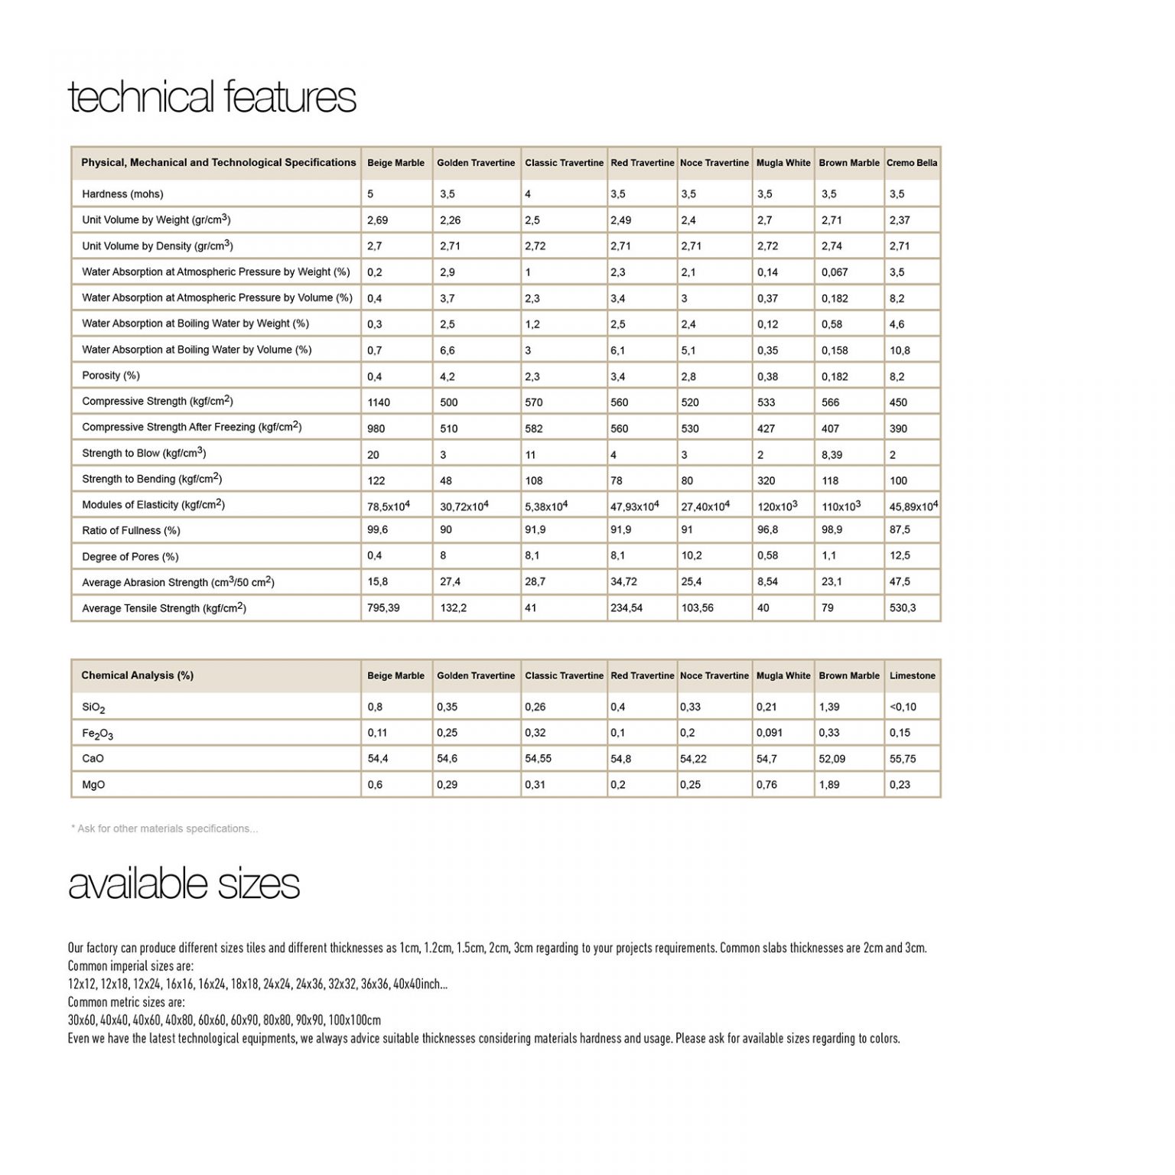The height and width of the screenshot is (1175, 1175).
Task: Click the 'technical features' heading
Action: pos(212,98)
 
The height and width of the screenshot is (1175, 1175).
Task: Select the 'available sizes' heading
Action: pos(184,884)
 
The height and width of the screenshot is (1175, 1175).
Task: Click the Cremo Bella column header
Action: pos(912,163)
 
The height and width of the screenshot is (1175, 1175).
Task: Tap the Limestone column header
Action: pos(912,675)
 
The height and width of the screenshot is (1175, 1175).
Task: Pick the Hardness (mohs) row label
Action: pos(122,194)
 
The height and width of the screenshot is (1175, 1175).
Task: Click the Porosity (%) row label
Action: pos(111,376)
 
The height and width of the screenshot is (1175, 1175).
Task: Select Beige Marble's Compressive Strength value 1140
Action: pos(379,402)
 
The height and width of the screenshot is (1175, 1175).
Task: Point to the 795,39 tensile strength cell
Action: pos(383,608)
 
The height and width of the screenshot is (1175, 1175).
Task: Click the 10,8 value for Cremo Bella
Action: pos(900,350)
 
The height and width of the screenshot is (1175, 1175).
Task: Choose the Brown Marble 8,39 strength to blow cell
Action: pos(832,454)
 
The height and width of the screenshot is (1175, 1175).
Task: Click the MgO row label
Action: pos(93,785)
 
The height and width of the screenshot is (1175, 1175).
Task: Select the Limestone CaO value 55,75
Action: pos(903,759)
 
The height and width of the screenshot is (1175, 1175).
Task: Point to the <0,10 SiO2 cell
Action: pos(903,707)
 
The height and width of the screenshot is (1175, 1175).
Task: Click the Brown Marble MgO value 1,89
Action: pos(829,785)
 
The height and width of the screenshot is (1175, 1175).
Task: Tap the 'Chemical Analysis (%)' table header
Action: pos(138,675)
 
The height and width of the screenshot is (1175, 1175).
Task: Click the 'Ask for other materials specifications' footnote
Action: pos(164,828)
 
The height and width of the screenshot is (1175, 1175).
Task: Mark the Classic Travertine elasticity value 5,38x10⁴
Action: pos(546,506)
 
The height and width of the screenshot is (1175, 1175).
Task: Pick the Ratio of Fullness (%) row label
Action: pos(132,531)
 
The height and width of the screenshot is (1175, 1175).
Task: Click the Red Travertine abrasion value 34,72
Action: pos(623,582)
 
